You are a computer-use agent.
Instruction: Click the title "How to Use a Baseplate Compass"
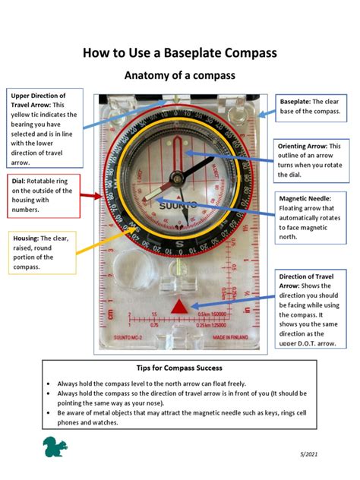point(179,52)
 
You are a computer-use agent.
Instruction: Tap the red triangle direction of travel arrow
point(179,306)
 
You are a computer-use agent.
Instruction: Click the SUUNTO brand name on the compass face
point(178,206)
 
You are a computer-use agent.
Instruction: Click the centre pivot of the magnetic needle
point(177,178)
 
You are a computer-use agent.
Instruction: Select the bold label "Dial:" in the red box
point(19,182)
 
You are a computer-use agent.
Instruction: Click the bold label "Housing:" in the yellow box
point(27,238)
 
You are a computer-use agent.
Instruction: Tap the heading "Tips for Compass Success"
point(179,368)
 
